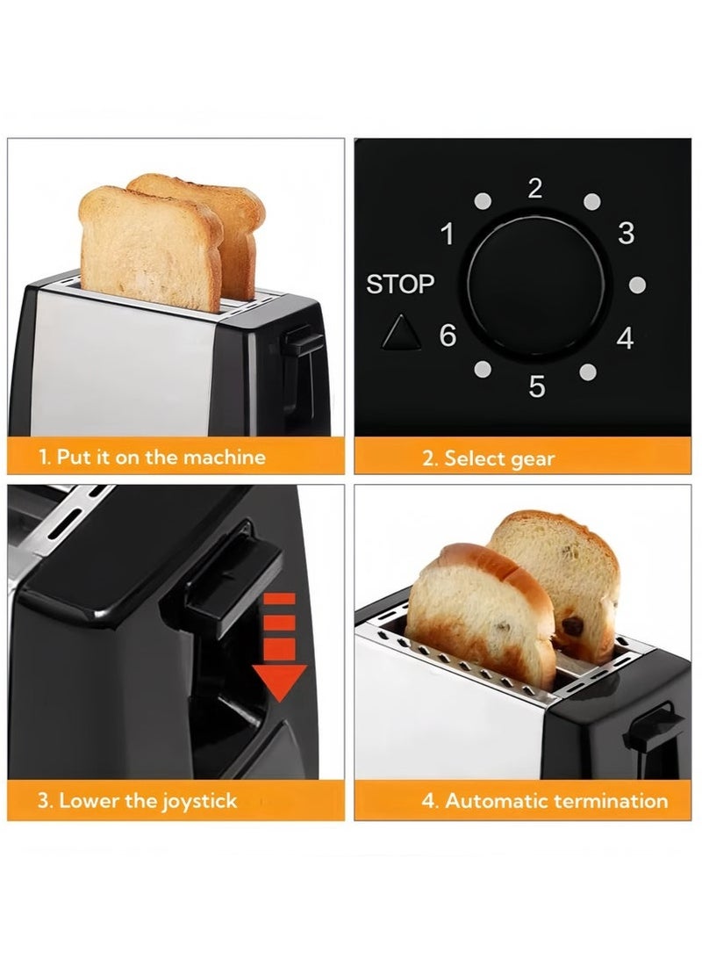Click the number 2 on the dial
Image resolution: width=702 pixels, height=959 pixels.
point(535,188)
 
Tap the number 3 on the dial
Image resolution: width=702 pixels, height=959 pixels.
point(626,234)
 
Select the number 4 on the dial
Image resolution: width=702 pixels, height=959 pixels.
point(625,338)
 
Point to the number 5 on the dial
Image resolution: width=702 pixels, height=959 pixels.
point(537,386)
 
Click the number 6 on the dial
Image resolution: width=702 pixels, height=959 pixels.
point(448,335)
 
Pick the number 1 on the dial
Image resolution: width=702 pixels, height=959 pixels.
point(448,235)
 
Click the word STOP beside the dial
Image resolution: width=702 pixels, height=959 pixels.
point(400,285)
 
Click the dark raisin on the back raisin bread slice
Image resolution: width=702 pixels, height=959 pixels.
point(573,626)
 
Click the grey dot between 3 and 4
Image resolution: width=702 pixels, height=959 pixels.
point(638,285)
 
